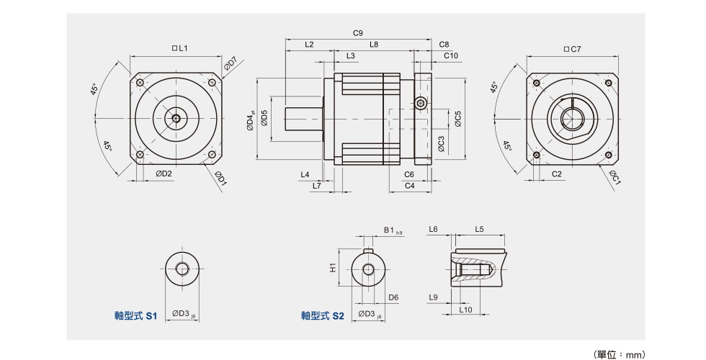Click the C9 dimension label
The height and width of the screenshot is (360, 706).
click(x=358, y=33)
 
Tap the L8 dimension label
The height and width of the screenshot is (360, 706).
click(x=374, y=45)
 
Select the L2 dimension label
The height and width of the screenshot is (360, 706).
click(x=309, y=45)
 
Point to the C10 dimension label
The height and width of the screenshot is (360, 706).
click(x=451, y=55)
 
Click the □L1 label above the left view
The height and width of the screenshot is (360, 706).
click(x=180, y=48)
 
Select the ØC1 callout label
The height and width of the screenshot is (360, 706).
click(x=615, y=177)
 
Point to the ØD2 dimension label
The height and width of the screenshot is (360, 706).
click(x=164, y=174)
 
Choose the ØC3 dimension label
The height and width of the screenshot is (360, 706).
click(x=441, y=144)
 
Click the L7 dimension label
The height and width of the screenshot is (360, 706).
click(x=317, y=186)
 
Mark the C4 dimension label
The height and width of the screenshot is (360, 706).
click(x=409, y=186)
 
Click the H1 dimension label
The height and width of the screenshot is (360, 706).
click(x=334, y=268)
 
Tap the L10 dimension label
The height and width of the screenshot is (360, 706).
click(x=465, y=310)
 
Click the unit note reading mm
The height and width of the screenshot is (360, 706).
click(x=620, y=354)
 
